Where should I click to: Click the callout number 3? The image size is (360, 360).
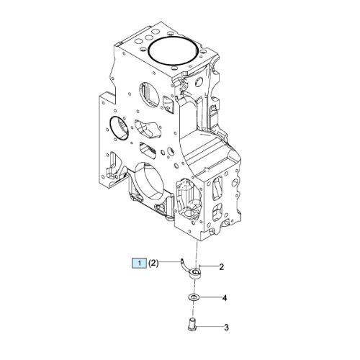click(x=226, y=328)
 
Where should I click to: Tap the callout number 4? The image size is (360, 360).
click(x=225, y=298)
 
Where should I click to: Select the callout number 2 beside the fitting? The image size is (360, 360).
click(x=222, y=266)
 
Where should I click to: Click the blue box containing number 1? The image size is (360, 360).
click(x=139, y=264)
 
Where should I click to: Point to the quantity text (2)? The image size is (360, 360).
click(x=153, y=264)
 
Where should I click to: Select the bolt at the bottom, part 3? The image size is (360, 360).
click(x=192, y=324)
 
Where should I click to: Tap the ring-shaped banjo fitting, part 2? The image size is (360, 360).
click(x=196, y=274)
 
